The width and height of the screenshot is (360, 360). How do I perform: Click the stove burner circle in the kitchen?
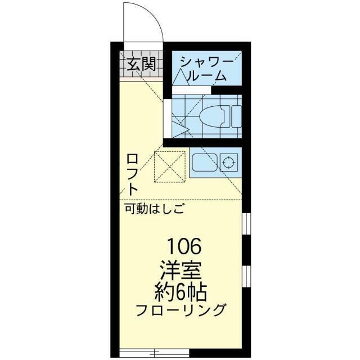228,163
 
